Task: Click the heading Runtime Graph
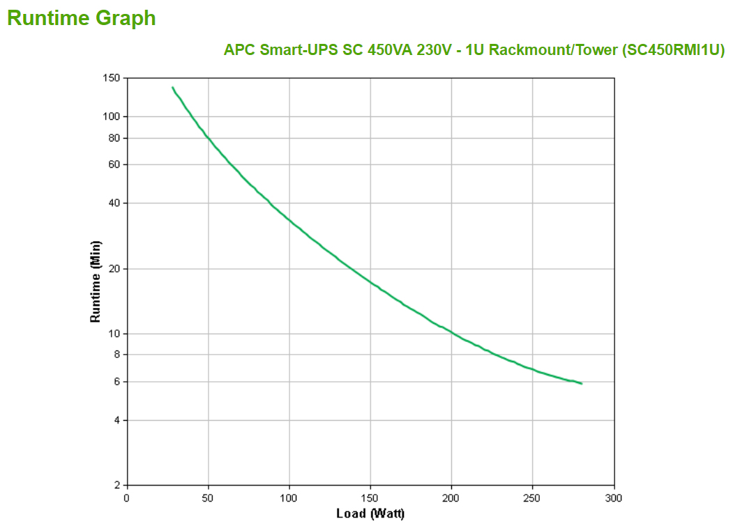pos(82,18)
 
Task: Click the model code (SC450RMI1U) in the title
pos(673,50)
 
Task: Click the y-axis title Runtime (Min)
pos(96,281)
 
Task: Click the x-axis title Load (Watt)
pos(370,514)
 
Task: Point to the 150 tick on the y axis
pos(112,77)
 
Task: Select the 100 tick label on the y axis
pos(112,116)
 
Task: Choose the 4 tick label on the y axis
pos(117,420)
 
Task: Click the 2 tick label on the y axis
pos(117,486)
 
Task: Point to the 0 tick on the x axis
pos(127,498)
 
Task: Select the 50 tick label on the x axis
pos(208,498)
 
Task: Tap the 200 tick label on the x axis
pos(451,498)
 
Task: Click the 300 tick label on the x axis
pos(614,498)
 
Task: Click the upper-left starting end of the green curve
pos(172,88)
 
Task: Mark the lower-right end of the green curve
pos(581,383)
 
